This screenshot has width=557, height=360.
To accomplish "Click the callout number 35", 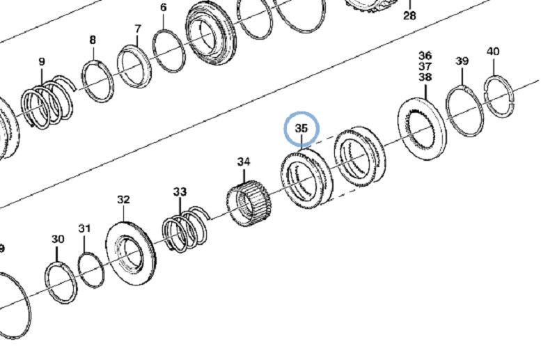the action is pos(301,128).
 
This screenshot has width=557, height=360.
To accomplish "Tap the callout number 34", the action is pos(244,162).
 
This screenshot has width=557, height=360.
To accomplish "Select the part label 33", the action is pos(180,192).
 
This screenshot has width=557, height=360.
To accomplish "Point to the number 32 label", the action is pos(123,200).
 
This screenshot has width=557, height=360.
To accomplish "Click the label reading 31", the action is pos(84,228).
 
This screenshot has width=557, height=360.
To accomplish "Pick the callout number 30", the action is pos(58,239).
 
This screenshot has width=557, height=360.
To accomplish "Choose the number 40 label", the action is pos(493,52).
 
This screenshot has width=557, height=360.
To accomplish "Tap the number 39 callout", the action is pos(462,61).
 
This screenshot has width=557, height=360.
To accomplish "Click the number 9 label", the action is pos(42,62).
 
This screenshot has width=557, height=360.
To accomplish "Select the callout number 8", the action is pos(93,40).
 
